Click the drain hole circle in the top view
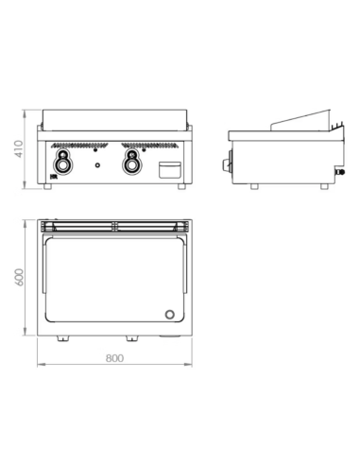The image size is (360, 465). coord(170,314)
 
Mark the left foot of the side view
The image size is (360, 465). coord(252,186)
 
